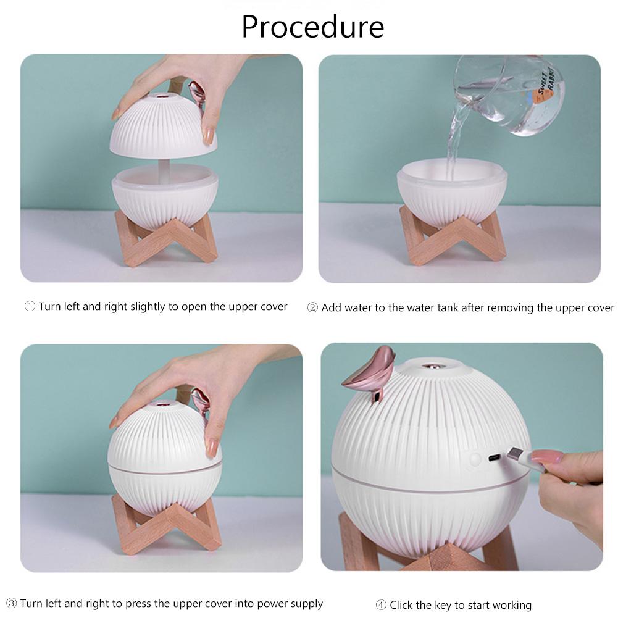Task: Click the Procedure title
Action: [312, 27]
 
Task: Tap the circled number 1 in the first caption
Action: [29, 307]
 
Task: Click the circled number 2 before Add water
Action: [312, 307]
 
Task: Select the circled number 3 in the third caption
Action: [11, 603]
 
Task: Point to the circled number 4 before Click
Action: [380, 605]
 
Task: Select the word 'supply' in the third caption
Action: [306, 603]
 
